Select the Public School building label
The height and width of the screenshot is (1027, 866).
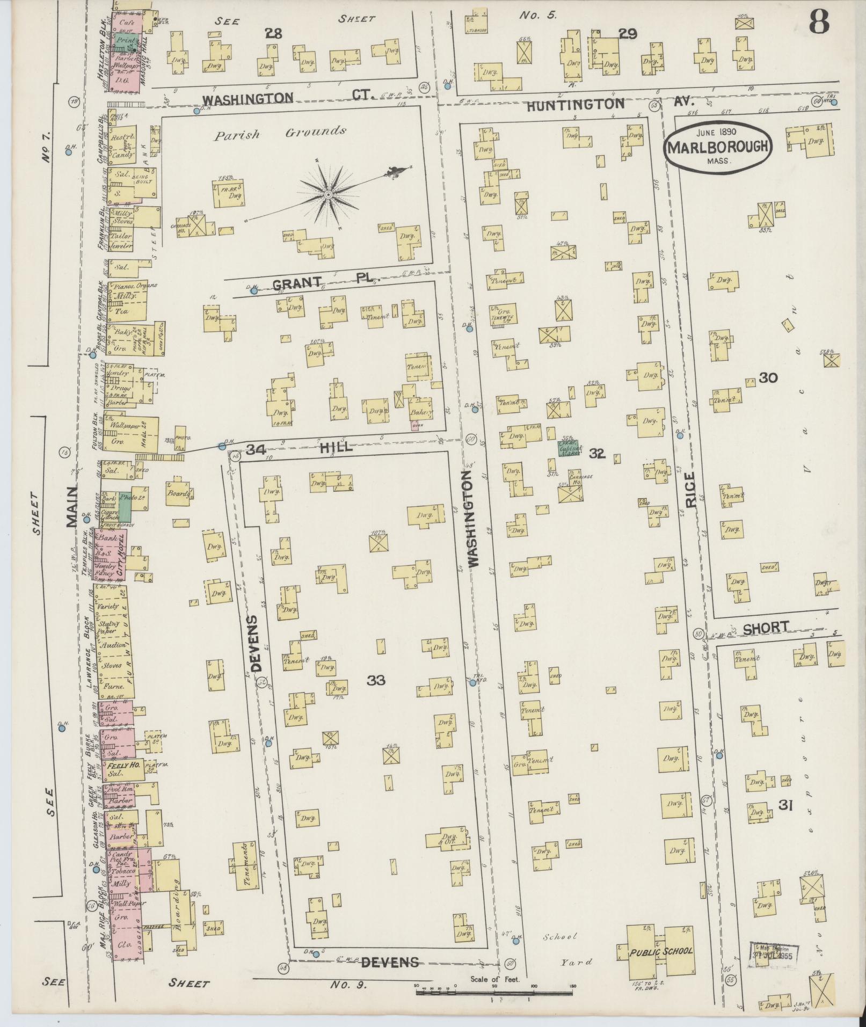(661, 951)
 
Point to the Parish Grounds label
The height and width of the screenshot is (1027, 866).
(280, 133)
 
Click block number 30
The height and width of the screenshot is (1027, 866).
(768, 378)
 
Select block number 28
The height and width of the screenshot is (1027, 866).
(273, 34)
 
